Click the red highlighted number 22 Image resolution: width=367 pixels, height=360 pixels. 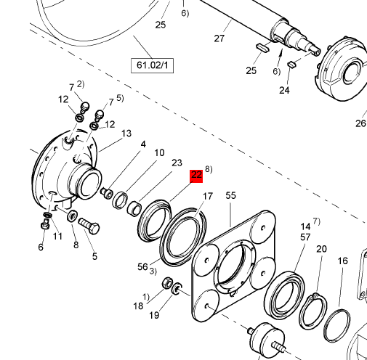196,175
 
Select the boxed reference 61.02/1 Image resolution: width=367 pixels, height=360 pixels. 152,66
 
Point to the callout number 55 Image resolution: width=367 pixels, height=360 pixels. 231,196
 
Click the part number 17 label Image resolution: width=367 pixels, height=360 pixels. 207,196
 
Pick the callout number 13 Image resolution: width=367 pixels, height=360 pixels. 126,134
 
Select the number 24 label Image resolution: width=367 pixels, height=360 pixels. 284,90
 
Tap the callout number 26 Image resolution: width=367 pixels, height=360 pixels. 360,123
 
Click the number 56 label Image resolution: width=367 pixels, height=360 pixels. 142,266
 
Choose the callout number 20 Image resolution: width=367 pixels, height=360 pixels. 321,249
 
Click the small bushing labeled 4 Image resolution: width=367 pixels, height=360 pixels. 107,192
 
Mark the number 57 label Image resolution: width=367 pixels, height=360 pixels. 305,237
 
